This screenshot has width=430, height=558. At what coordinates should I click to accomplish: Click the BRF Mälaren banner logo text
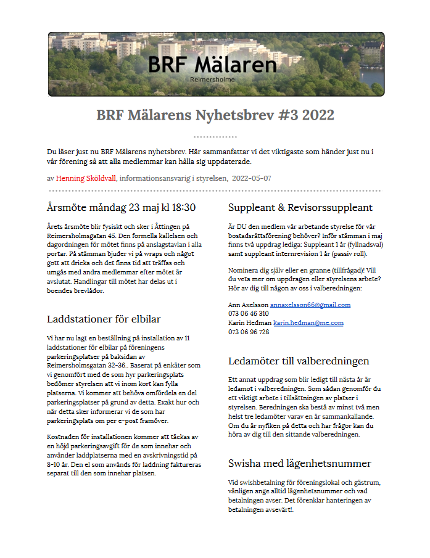pos(212,64)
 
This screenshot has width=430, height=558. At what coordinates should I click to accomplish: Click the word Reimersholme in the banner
pos(212,80)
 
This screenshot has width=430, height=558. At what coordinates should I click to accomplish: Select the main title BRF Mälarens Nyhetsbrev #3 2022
pos(215,115)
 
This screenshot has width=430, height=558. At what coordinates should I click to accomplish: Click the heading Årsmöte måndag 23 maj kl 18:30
pos(121,207)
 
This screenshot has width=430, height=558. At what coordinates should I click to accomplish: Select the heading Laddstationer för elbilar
pos(104,319)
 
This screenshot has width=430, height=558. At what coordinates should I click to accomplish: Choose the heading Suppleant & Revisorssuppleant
pos(300,207)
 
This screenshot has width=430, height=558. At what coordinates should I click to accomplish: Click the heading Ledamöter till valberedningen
pos(299,361)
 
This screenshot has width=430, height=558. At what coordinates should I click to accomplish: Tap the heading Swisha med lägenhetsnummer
pos(300,463)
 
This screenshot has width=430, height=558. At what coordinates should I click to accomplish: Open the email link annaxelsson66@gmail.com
pos(310,305)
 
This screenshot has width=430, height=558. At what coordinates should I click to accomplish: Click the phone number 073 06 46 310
pos(249,313)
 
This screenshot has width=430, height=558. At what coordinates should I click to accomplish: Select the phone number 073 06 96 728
pos(249,332)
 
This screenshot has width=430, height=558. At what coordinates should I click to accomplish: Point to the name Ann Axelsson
pos(248,305)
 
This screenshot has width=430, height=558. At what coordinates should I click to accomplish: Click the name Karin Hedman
pos(250,322)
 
